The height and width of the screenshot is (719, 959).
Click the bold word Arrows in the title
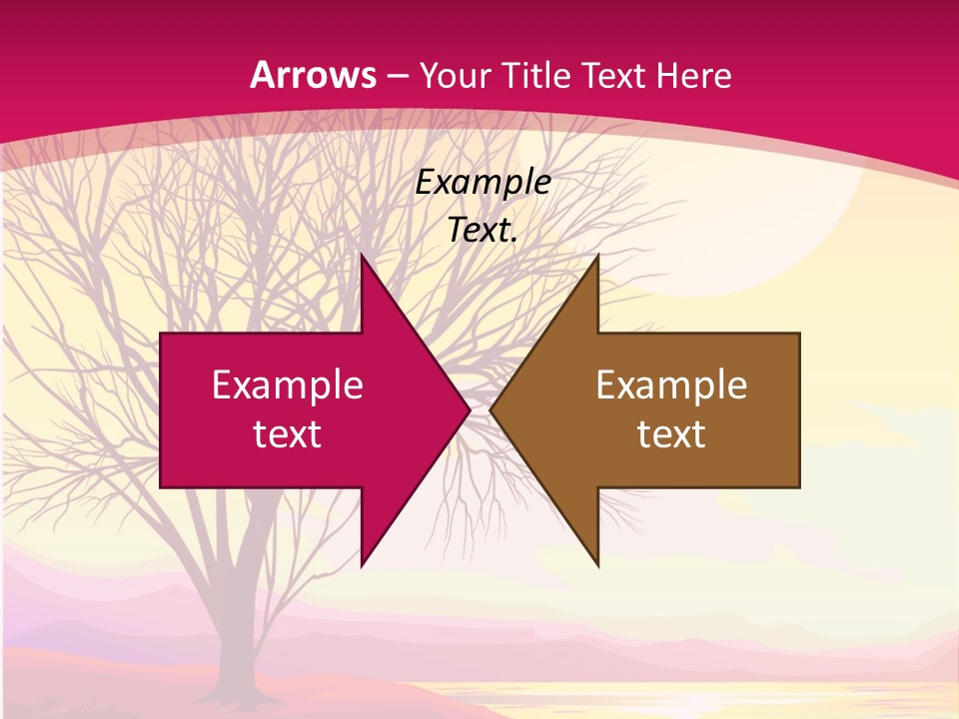pyautogui.click(x=313, y=75)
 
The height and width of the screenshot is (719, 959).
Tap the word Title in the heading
pyautogui.click(x=543, y=75)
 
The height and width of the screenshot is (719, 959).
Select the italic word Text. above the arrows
pyautogui.click(x=482, y=230)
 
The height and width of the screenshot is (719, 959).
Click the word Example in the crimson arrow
pyautogui.click(x=288, y=384)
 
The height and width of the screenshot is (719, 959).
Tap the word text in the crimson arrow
pyautogui.click(x=288, y=433)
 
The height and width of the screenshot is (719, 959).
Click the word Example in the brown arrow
pyautogui.click(x=671, y=384)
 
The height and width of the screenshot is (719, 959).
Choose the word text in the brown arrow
pyautogui.click(x=671, y=433)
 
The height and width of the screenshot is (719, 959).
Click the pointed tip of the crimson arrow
pyautogui.click(x=468, y=410)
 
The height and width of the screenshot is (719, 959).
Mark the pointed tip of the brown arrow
pyautogui.click(x=491, y=410)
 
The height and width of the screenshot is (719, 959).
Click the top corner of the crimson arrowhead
pyautogui.click(x=363, y=257)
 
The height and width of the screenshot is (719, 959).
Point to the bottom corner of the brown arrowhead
pyautogui.click(x=597, y=564)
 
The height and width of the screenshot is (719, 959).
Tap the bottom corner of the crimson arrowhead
pyautogui.click(x=363, y=564)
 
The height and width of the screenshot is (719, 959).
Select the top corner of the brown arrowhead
pyautogui.click(x=597, y=257)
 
